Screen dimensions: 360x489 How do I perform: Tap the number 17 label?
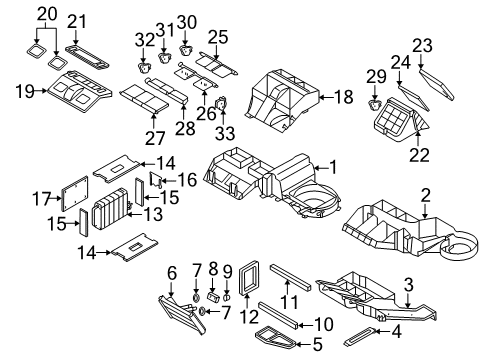[40, 200]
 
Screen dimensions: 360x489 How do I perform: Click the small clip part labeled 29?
[377, 103]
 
